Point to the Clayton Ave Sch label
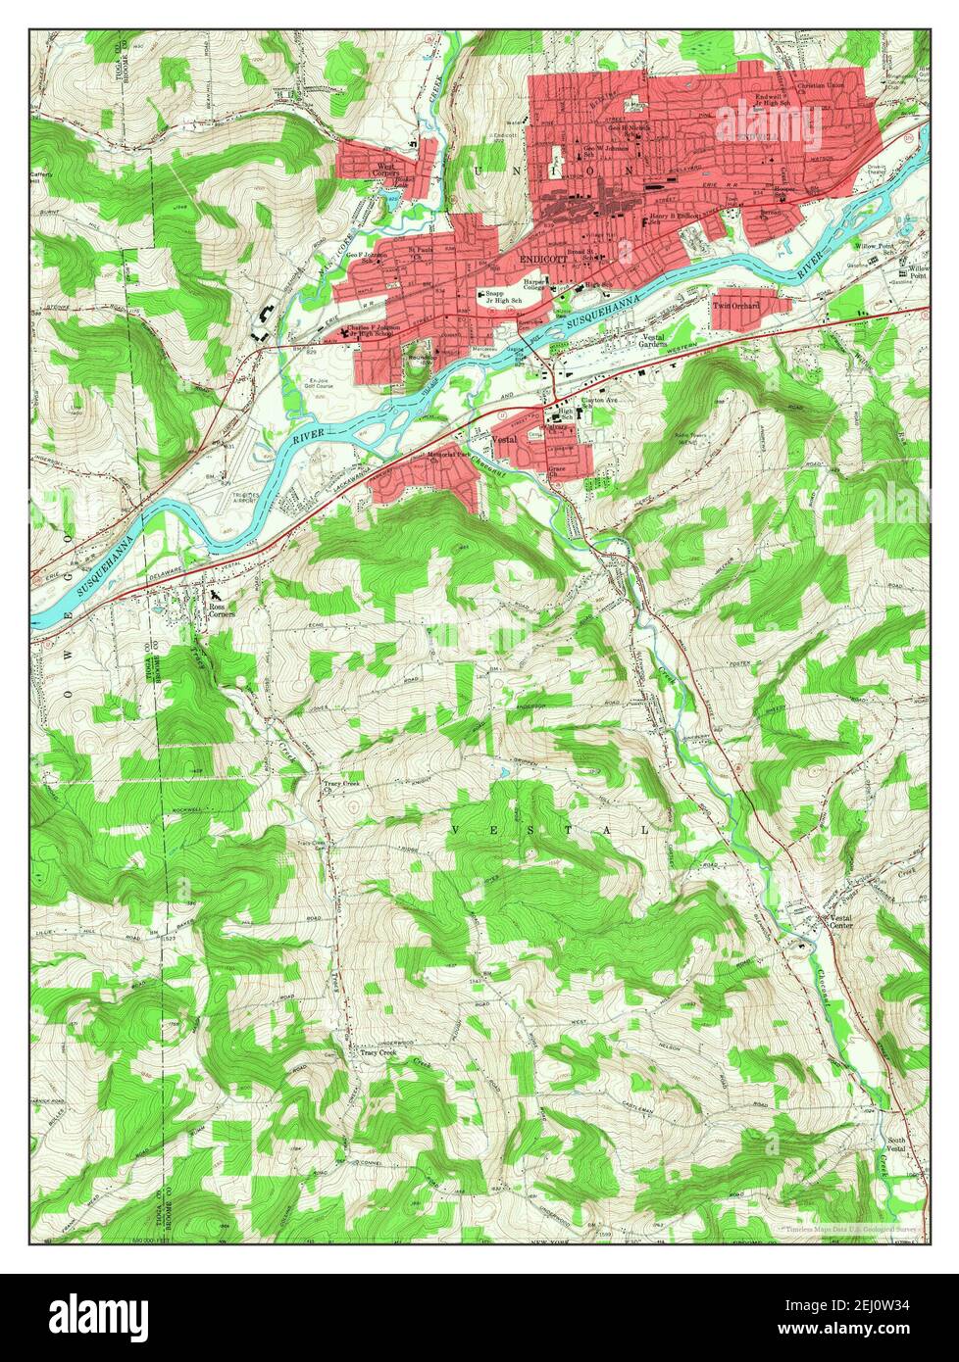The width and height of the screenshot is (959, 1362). tap(602, 402)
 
